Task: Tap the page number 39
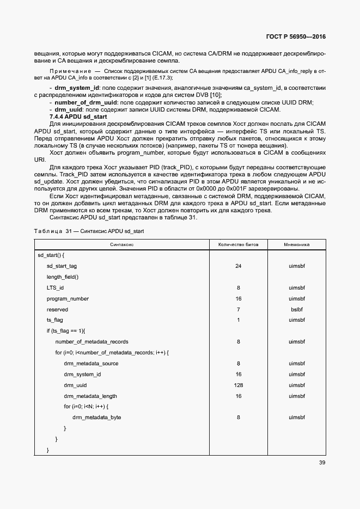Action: point(322,463)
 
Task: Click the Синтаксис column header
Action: point(122,245)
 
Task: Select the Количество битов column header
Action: point(239,245)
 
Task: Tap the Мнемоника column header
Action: point(296,245)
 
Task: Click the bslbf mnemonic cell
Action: point(296,309)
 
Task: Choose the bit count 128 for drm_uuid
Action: point(239,385)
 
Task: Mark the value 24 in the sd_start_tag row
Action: point(239,266)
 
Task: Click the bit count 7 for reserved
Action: point(239,309)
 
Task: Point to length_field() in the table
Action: point(62,277)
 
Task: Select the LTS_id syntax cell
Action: point(55,288)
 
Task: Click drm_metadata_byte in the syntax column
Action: point(96,418)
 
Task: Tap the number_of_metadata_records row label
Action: point(91,342)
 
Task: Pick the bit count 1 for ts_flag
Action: point(239,320)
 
